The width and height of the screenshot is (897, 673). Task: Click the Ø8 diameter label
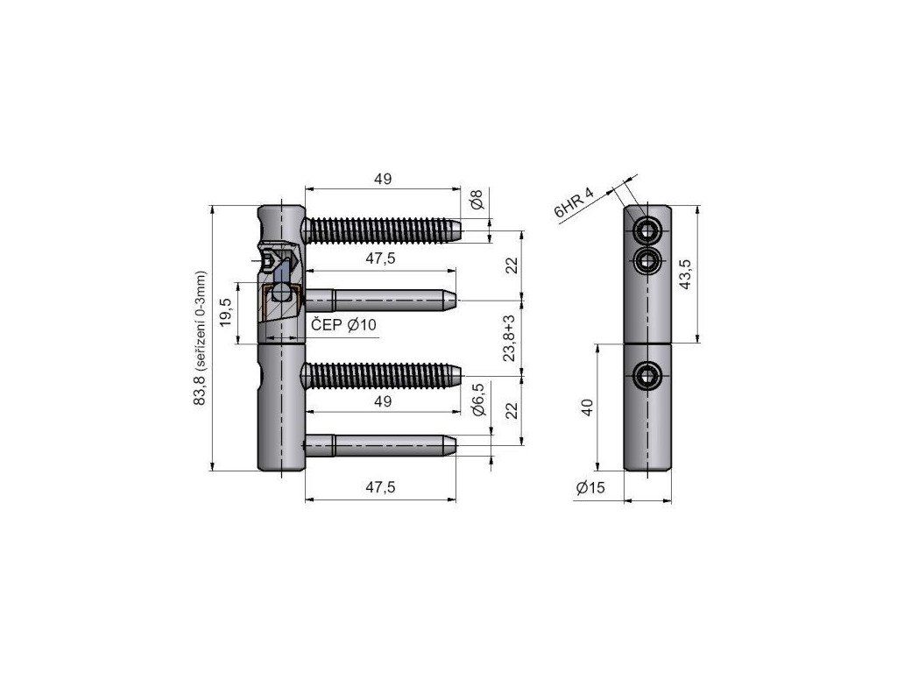(477, 200)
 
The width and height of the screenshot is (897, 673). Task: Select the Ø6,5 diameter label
(478, 400)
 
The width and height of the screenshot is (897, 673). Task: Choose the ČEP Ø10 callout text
(343, 325)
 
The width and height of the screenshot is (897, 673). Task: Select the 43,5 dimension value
(685, 274)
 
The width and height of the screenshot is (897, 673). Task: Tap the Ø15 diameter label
(590, 487)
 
